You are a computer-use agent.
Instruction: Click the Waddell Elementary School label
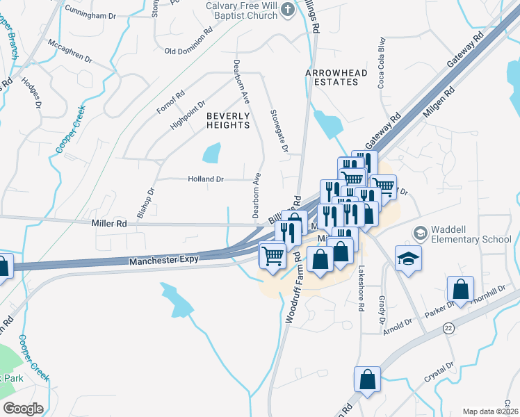(471, 235)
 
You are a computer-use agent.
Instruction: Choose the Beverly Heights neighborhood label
(227, 120)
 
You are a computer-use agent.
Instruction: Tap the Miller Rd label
(109, 224)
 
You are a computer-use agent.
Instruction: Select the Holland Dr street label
(206, 179)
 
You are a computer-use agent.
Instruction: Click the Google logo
(22, 409)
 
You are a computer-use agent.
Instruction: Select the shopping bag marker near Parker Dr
(460, 288)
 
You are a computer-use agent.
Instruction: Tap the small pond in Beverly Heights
(211, 153)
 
